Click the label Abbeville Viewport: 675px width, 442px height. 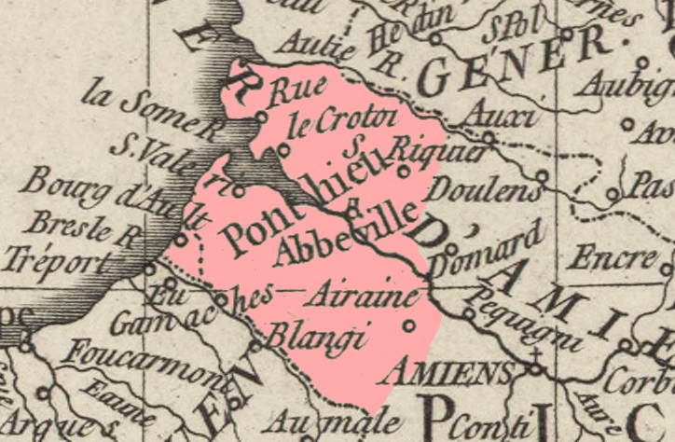(x=344, y=234)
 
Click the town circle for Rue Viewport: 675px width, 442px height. (x=262, y=117)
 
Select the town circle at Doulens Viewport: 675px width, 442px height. (x=542, y=173)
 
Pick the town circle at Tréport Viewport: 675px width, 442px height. (x=150, y=269)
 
